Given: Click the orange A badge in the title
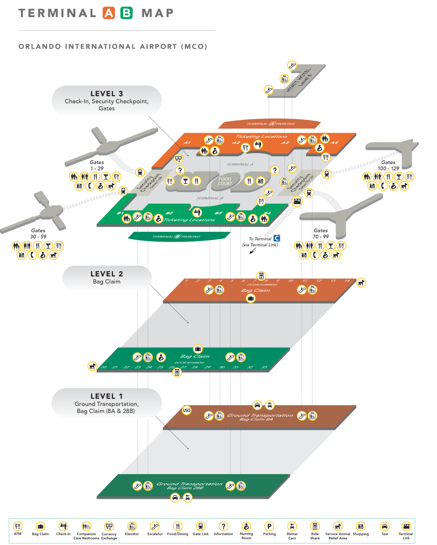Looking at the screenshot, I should pos(108,13).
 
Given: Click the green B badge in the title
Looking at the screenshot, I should pos(126,13).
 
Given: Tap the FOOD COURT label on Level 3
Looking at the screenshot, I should pos(225,181).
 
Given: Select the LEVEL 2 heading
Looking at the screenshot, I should pos(107,274).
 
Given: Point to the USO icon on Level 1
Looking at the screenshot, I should pos(187,411).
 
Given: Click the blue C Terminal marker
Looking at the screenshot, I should pos(277,238).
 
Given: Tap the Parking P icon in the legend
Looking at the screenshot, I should pos(269,526).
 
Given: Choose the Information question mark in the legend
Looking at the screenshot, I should pos(223,526).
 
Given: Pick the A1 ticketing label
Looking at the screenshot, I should pos(187,143).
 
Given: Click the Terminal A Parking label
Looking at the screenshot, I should pos(271,124).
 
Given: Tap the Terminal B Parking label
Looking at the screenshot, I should pos(177,237).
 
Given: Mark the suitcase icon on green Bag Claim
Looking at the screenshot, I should pos(198,349).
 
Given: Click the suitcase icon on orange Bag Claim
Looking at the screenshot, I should pos(251,298).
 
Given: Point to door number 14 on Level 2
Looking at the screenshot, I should pos(347,281).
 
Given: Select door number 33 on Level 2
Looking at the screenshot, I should pos(264,367).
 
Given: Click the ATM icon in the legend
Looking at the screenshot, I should pos(17,526).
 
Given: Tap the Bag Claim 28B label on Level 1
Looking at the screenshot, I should pos(185,488).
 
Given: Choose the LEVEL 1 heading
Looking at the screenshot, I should pos(107,396).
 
